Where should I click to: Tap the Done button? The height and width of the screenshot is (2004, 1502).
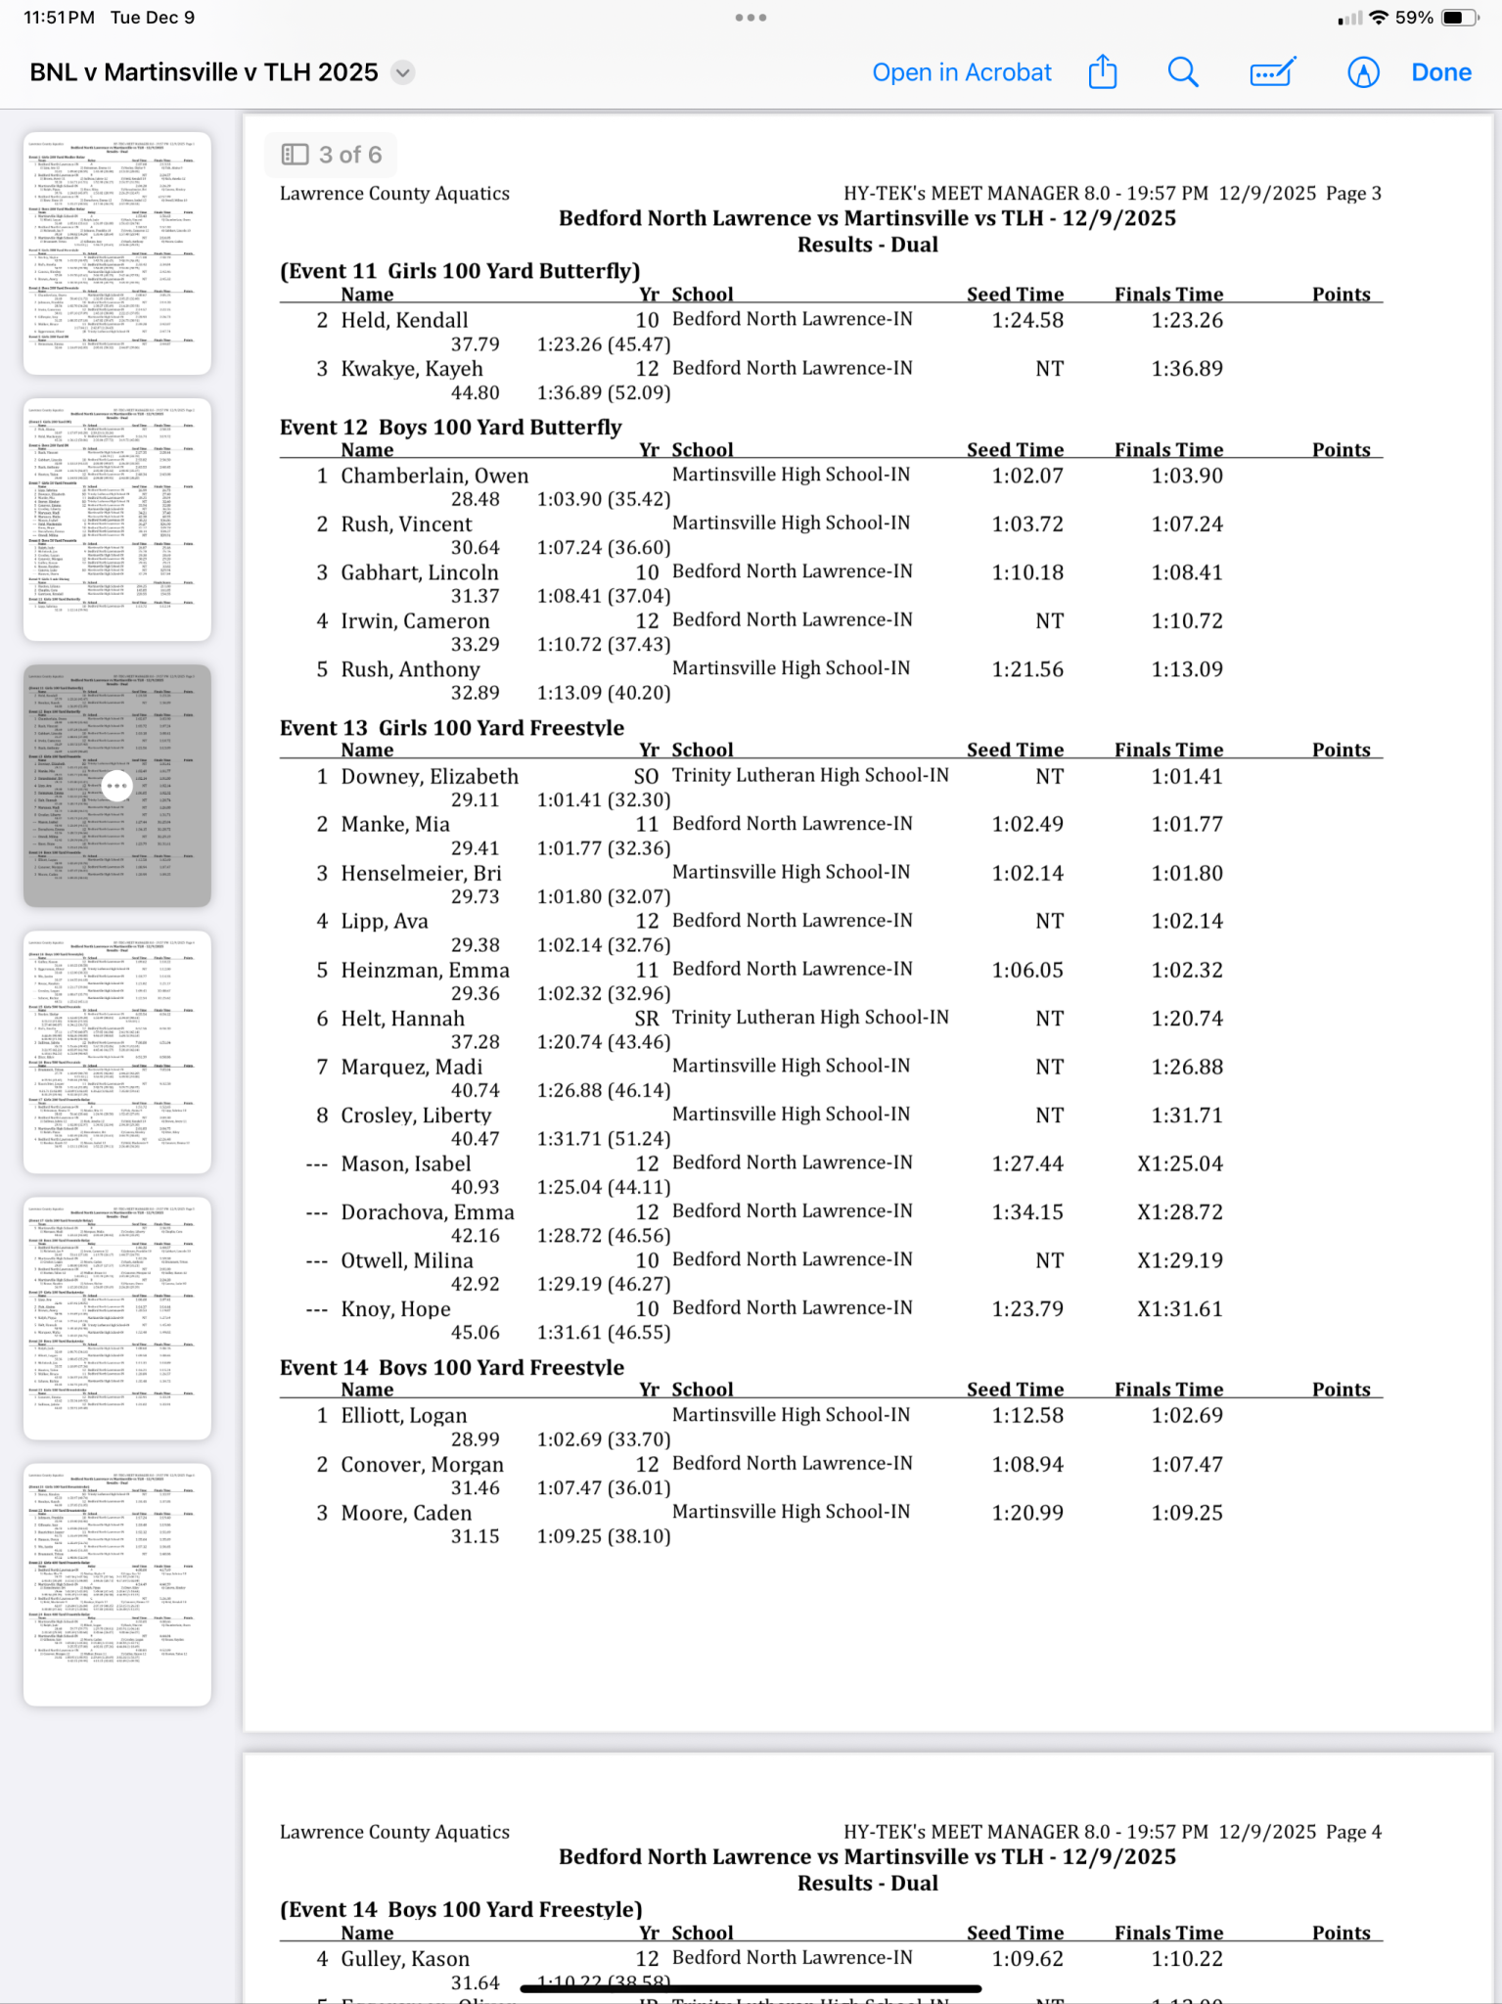(x=1440, y=72)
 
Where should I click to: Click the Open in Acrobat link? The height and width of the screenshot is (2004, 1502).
(x=961, y=72)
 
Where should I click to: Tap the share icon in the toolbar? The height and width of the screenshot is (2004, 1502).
(x=1103, y=72)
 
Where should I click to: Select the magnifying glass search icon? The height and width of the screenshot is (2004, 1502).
(x=1183, y=72)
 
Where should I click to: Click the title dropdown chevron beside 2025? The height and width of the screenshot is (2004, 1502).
(x=402, y=72)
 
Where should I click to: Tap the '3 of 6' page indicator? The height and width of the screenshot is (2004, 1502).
(x=332, y=155)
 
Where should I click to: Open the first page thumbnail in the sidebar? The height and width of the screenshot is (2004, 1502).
(x=117, y=253)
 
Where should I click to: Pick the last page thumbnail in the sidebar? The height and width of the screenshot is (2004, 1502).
(x=117, y=1584)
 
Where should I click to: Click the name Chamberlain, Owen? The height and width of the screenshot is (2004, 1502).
(x=434, y=476)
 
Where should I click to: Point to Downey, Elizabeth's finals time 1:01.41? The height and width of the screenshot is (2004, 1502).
(x=1186, y=777)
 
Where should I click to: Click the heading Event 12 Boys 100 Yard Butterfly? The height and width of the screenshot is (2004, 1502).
(x=451, y=428)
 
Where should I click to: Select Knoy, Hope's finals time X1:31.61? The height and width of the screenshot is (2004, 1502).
(x=1179, y=1309)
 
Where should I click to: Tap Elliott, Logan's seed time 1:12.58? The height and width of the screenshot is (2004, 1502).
(x=1026, y=1416)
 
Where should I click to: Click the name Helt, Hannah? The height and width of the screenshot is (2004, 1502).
(x=402, y=1019)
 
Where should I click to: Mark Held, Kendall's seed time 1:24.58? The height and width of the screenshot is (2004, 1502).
(x=1026, y=320)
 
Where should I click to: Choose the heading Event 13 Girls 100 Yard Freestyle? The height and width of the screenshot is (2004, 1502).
(x=452, y=728)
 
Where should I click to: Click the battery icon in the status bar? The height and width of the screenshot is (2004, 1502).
(x=1459, y=18)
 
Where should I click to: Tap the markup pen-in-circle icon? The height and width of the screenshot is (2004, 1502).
(x=1362, y=72)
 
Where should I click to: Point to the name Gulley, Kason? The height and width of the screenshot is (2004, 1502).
(x=405, y=1959)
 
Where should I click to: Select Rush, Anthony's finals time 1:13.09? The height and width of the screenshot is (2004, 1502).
(x=1186, y=669)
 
